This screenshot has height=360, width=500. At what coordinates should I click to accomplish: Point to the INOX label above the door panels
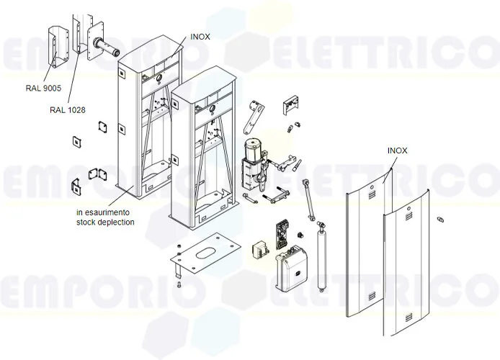click(x=397, y=150)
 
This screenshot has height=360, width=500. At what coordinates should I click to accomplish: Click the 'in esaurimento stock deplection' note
click(x=104, y=218)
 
